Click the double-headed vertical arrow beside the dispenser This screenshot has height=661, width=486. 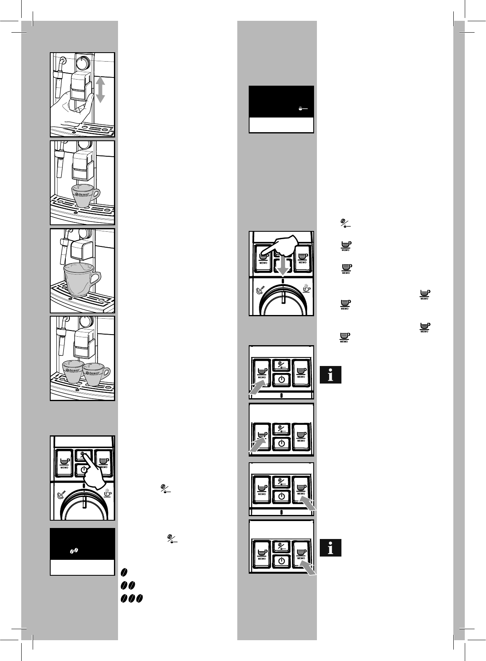[x=100, y=90]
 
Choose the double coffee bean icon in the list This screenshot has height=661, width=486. [x=127, y=586]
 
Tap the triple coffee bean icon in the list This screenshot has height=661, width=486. [x=132, y=599]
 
